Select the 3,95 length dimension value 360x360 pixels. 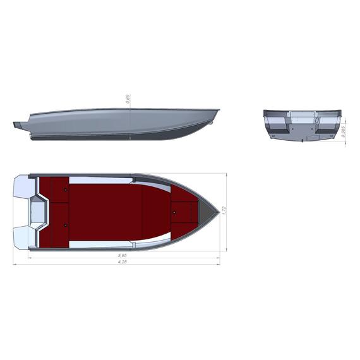tap(122, 255)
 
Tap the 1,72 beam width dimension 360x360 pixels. tap(224, 210)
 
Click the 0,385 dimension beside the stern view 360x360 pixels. tap(344, 131)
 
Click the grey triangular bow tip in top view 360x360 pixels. tap(211, 210)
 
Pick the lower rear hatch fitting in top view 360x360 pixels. tap(66, 225)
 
